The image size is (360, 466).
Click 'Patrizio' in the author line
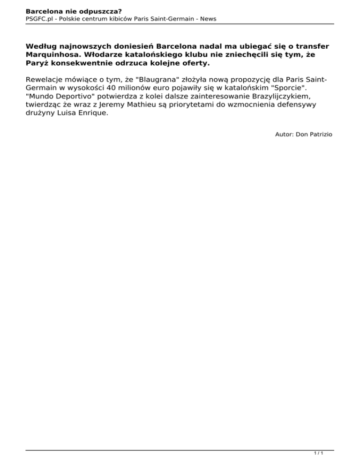319,135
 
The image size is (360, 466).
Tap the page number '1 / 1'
319,454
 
